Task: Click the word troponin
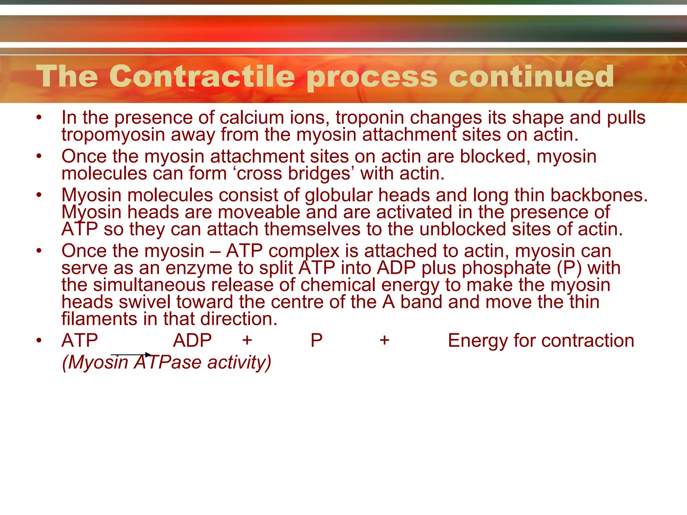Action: (x=370, y=118)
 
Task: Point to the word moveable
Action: (x=262, y=213)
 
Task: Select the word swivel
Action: (x=145, y=302)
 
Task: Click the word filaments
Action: (x=99, y=319)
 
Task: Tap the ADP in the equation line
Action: (x=192, y=341)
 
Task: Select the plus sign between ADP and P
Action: (x=247, y=341)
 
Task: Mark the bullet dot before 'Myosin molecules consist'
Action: (x=39, y=195)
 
